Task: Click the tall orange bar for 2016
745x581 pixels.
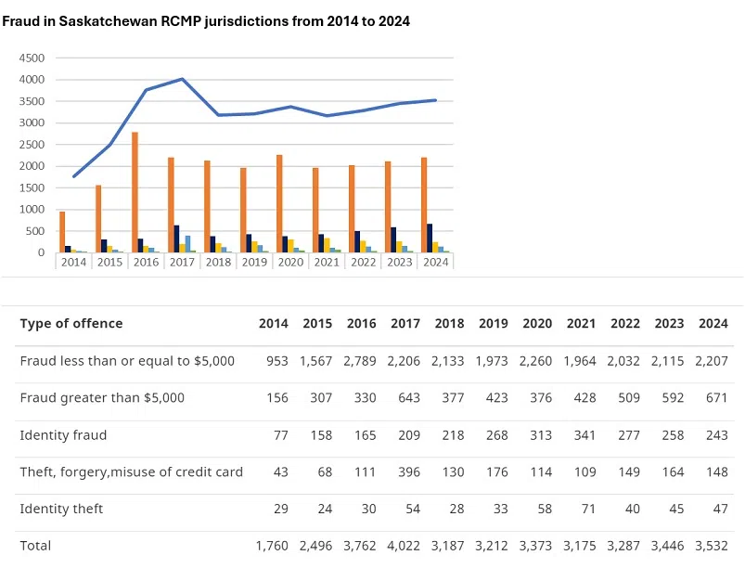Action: point(135,192)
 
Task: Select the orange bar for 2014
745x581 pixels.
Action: point(62,232)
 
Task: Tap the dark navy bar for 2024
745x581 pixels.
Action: point(430,238)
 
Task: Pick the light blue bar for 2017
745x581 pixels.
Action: point(187,244)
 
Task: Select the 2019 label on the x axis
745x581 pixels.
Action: point(254,262)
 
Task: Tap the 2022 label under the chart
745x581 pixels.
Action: point(363,262)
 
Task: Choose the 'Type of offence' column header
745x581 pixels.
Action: point(71,324)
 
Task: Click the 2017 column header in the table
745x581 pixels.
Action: point(405,324)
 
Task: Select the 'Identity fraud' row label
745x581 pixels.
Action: point(63,434)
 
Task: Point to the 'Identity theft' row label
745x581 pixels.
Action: point(61,509)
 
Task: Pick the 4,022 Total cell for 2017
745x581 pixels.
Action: point(405,546)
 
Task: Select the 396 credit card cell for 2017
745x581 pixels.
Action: point(409,471)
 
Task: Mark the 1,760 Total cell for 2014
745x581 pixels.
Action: point(272,546)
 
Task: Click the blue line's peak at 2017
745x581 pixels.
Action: point(183,79)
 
